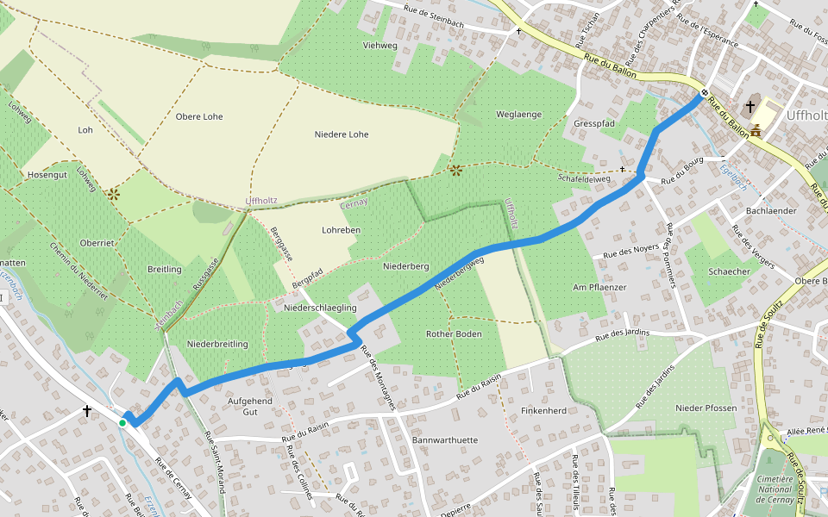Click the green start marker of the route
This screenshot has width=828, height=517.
[122, 423]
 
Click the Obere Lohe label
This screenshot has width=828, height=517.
[198, 116]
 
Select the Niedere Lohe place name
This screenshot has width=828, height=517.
[341, 134]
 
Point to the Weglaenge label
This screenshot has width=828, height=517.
[518, 115]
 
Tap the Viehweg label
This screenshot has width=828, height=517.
[380, 45]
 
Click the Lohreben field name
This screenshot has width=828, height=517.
[341, 230]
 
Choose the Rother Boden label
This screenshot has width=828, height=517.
[454, 333]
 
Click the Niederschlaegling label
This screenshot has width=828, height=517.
[320, 308]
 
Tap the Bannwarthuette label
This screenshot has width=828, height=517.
[444, 440]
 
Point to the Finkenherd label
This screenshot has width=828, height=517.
[544, 411]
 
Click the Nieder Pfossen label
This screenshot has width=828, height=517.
[706, 408]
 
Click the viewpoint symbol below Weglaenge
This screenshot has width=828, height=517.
[455, 170]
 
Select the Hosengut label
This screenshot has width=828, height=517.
[47, 175]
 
